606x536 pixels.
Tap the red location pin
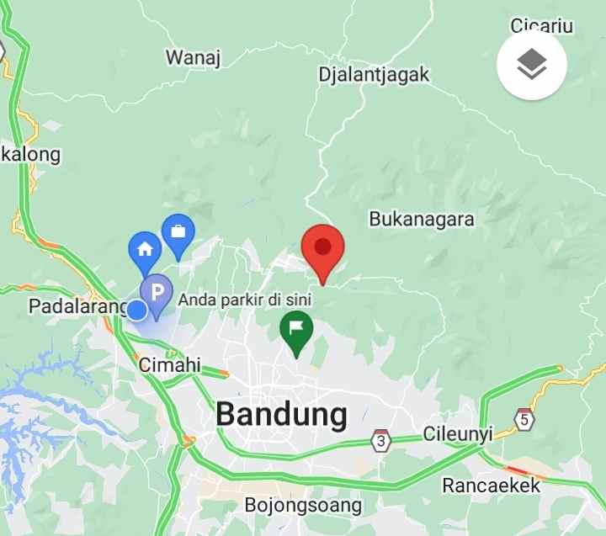coord(322,248)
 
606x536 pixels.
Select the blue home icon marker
coord(144,249)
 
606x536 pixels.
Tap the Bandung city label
coord(281,414)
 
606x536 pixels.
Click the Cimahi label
coord(170,365)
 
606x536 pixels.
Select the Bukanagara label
coord(422,220)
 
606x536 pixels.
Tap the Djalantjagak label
coord(374,74)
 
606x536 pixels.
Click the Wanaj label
coord(193,57)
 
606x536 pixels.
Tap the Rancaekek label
coord(492,486)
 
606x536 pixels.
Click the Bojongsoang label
coord(303,506)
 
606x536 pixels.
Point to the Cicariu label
coord(542,26)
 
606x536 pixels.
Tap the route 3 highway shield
coord(382,440)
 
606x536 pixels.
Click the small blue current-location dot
coord(136,310)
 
